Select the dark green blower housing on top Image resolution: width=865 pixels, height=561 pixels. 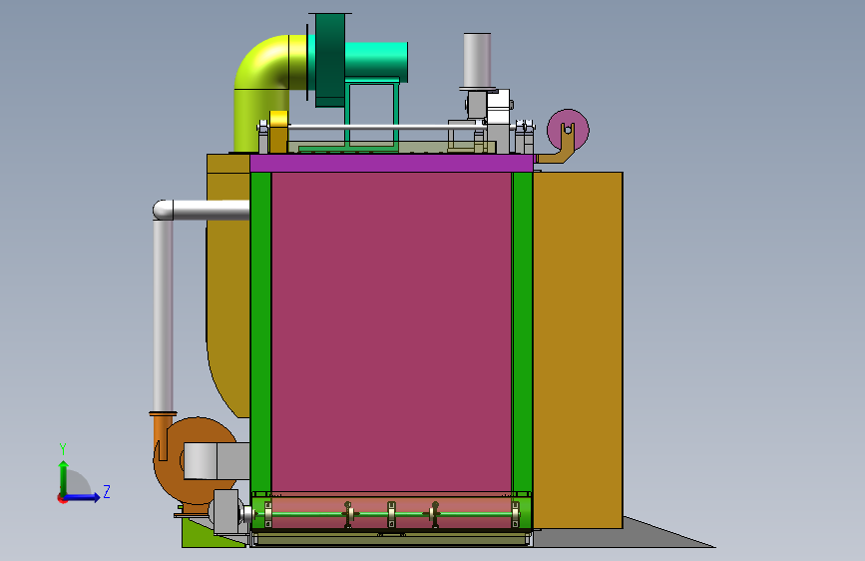coord(330,59)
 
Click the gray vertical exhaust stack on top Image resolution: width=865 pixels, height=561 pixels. coord(477,60)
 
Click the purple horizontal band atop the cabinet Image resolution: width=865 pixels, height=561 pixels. coord(392,163)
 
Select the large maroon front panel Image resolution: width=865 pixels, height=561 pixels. coord(391,331)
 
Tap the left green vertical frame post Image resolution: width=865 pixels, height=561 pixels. coord(261,331)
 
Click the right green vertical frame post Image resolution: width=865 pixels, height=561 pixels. coord(522,331)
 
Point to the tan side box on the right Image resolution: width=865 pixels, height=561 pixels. coord(578,350)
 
